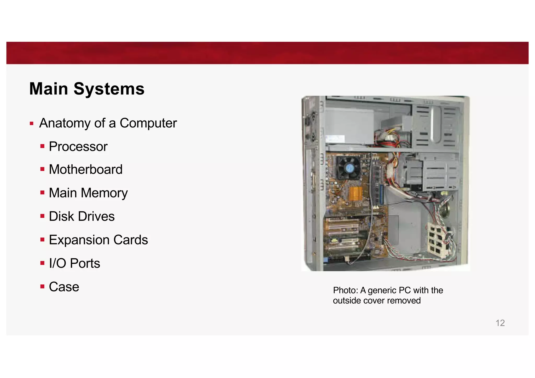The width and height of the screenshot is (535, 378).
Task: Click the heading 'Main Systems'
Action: (x=87, y=89)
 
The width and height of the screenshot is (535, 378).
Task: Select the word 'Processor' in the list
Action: (x=78, y=146)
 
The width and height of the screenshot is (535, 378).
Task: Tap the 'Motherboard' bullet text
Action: (x=85, y=169)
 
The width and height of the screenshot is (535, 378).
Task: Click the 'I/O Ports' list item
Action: (x=74, y=263)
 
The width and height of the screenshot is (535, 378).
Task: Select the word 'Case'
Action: (x=64, y=287)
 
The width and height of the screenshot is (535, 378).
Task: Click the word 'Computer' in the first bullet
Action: (x=148, y=123)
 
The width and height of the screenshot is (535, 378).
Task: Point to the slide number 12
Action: (x=500, y=323)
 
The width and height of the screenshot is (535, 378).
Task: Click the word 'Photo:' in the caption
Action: (x=345, y=290)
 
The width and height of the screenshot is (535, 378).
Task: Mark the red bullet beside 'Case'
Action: (x=42, y=287)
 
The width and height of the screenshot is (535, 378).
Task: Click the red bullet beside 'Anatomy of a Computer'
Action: (x=32, y=123)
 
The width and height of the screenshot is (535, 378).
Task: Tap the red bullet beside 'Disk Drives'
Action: (x=42, y=216)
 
